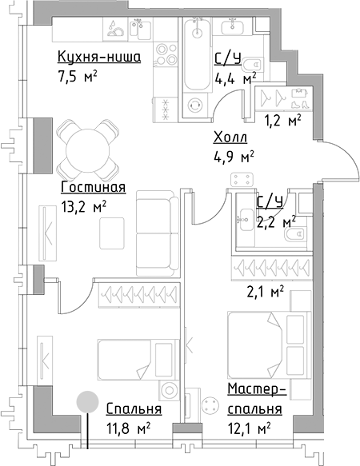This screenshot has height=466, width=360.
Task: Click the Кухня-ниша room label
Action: pos(99,58)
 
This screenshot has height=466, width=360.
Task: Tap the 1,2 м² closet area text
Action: pos(282,121)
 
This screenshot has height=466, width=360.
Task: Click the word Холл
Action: pos(230,137)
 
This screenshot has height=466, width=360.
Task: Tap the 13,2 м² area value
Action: pos(83,205)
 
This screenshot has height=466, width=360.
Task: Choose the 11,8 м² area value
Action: pos(129,428)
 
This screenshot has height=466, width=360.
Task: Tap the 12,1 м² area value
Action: pos(248,428)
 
